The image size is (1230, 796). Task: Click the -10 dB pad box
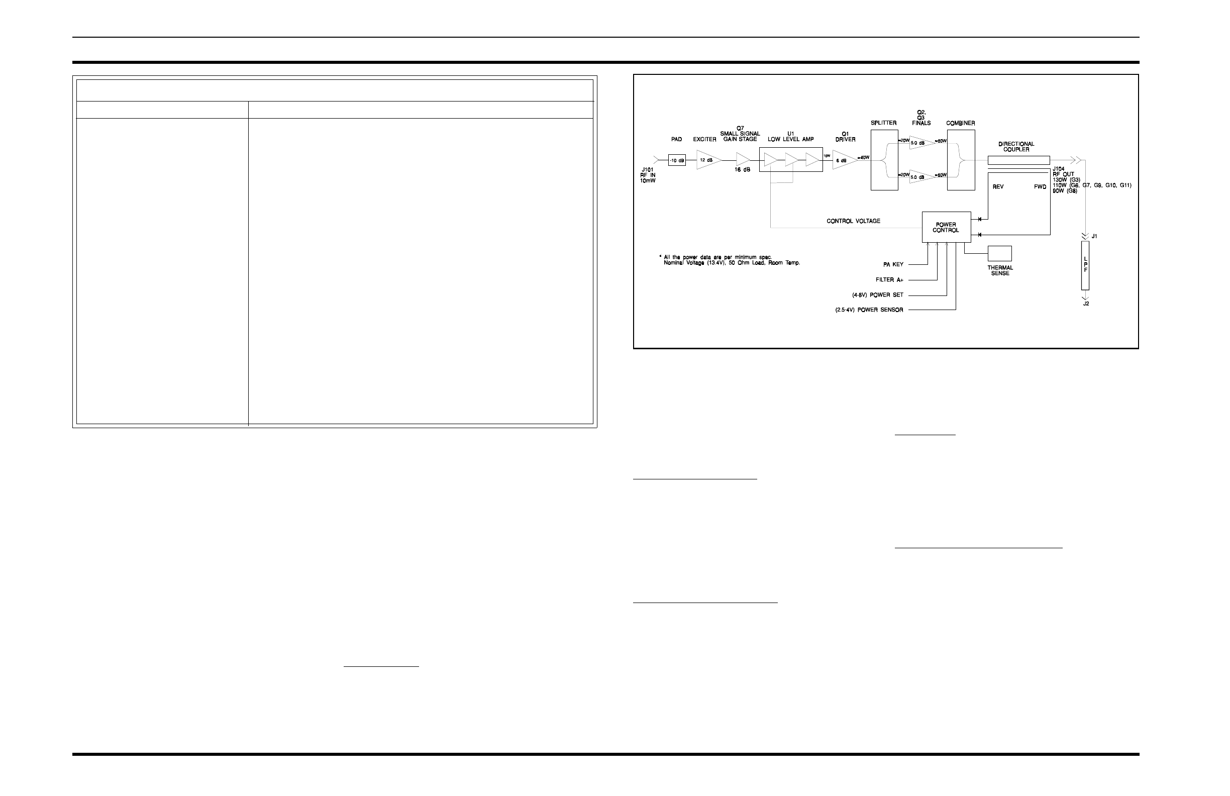(676, 160)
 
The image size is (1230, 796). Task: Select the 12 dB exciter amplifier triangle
(706, 160)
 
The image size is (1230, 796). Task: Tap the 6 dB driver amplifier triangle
(843, 160)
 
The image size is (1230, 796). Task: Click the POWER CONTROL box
(946, 228)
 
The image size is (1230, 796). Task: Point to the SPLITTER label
(884, 123)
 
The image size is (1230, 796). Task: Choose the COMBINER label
(960, 123)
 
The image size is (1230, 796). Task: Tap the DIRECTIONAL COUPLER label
(1016, 147)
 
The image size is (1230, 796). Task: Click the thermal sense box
(999, 253)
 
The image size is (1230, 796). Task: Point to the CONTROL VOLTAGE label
(853, 221)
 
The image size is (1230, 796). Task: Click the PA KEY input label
(893, 265)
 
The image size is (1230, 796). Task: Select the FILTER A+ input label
(889, 279)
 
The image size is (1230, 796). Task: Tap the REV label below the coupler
(998, 187)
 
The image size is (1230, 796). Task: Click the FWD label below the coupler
(1040, 187)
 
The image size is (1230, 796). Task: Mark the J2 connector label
(1086, 304)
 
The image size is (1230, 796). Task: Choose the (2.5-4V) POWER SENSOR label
(869, 310)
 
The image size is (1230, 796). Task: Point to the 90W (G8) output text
(1065, 191)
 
